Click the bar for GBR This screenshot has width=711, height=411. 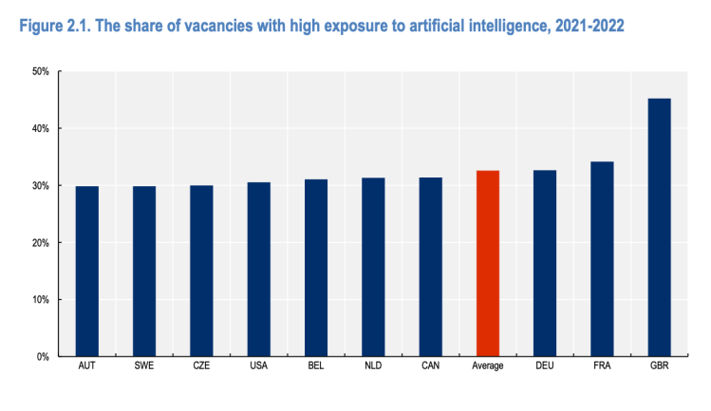tap(659, 228)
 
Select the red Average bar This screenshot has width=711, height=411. tap(487, 264)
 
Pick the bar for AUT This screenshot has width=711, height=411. tap(87, 271)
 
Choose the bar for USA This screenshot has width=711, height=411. tap(258, 270)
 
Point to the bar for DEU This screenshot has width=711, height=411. tap(545, 264)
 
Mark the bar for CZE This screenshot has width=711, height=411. tap(201, 271)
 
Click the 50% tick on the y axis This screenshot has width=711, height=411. tap(41, 71)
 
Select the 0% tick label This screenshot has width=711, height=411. tap(44, 357)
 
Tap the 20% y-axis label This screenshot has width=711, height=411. tap(41, 243)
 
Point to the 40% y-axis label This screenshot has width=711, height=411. tap(41, 128)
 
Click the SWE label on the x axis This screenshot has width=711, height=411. tap(144, 366)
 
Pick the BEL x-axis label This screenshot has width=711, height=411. tap(315, 366)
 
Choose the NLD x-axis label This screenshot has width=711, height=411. tap(373, 366)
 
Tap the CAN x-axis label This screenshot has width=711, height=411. tap(430, 366)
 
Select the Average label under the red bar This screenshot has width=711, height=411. tap(487, 366)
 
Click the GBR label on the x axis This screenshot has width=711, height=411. tap(659, 366)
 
